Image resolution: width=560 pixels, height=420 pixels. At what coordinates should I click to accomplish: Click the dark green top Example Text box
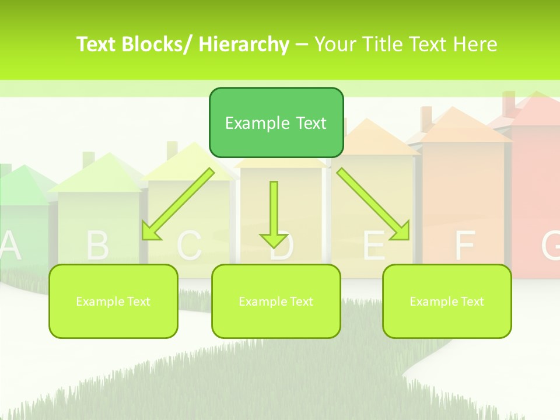point(276,123)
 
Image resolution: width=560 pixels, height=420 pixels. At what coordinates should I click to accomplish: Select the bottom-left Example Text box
point(113,301)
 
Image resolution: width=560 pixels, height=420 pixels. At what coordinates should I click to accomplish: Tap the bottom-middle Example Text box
point(276,301)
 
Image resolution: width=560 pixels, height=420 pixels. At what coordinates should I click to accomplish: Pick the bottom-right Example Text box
point(447,301)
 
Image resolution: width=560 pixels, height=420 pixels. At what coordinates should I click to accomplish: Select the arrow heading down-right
point(374,205)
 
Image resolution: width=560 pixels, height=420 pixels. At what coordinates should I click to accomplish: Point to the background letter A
point(10,245)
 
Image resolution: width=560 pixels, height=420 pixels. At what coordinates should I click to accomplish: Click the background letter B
point(97,246)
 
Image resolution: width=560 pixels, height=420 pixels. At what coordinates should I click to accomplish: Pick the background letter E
point(374,246)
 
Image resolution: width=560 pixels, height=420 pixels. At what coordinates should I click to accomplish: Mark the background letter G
point(551,246)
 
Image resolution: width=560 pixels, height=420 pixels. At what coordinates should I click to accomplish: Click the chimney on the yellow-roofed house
point(172,150)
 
